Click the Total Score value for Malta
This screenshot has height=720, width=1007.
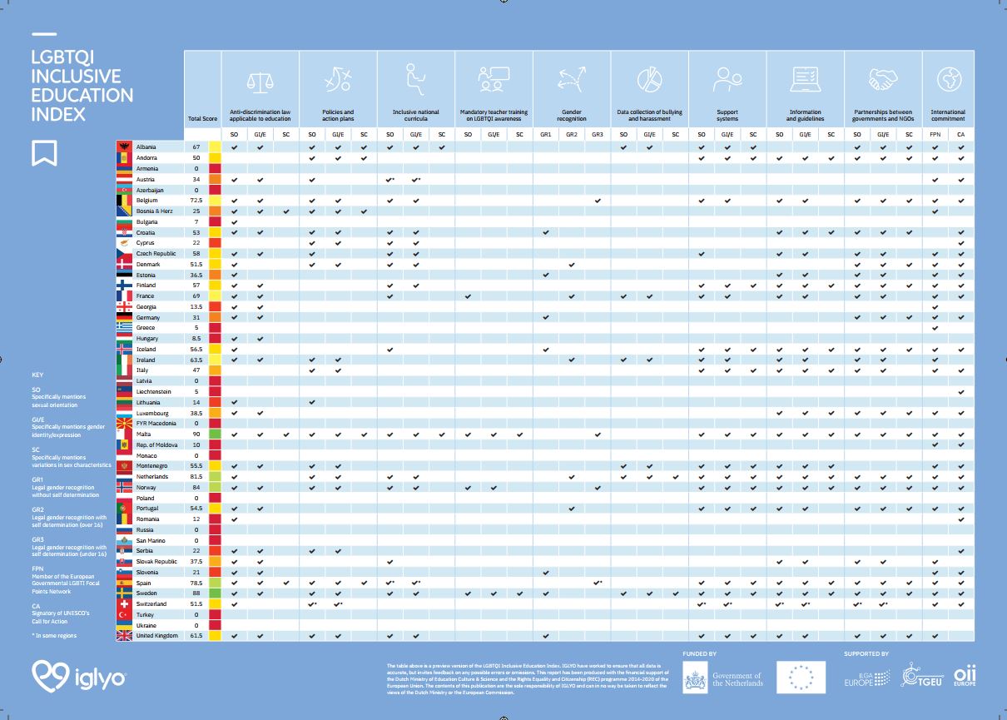tap(196, 434)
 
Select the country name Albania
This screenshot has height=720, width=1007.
tap(146, 147)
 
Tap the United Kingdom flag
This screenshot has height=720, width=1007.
tap(124, 635)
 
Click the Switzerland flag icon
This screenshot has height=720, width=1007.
tap(124, 603)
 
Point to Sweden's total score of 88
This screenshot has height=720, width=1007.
tap(196, 593)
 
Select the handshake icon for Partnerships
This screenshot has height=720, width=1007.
tap(882, 80)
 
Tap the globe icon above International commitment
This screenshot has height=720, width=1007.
tap(948, 80)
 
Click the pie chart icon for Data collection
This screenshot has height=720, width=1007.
tap(648, 80)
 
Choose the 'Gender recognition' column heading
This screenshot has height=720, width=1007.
tap(572, 115)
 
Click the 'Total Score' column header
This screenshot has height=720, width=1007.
tap(202, 119)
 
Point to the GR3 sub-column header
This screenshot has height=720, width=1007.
tap(598, 134)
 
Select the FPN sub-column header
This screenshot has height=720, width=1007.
tap(935, 134)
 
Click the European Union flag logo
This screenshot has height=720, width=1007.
tap(801, 678)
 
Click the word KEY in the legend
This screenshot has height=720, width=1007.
tap(38, 375)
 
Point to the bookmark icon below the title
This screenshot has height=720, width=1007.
tap(44, 152)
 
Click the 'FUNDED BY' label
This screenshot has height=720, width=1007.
tap(699, 654)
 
